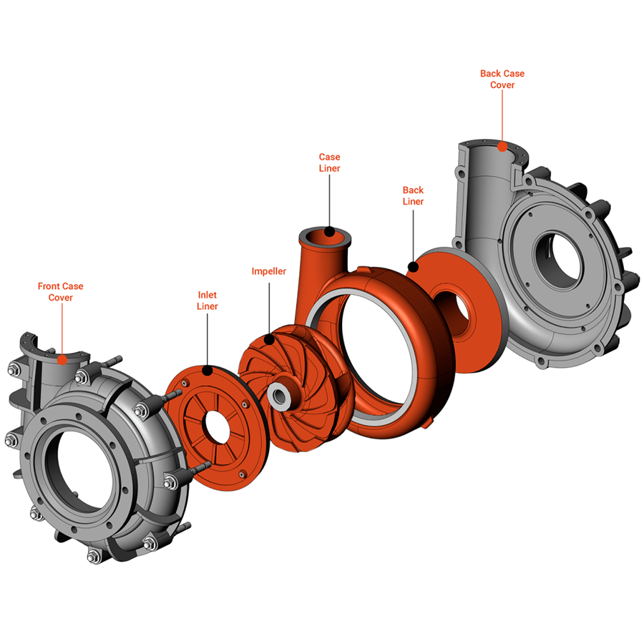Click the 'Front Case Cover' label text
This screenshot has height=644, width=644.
pos(60,292)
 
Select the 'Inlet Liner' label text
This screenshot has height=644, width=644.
pos(208,301)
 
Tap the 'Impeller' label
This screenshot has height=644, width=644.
pos(268,272)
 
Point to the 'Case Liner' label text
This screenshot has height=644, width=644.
pos(329,162)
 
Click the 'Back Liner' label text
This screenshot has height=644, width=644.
pos(413,196)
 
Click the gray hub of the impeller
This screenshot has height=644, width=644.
pos(278,393)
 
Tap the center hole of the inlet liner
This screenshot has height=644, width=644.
pos(218,426)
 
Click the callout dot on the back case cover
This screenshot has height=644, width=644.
pos(502,146)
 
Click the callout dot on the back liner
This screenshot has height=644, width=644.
pos(412,268)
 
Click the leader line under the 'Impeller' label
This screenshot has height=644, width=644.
pos(268,308)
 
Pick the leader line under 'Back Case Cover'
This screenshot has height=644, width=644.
pos(502,114)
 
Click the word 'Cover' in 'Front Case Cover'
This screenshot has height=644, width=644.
pos(60,298)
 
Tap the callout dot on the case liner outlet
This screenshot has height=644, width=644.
pos(328,231)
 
